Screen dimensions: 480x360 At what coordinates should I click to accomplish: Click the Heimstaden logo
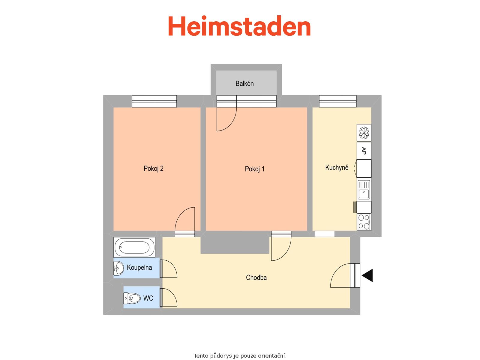239,26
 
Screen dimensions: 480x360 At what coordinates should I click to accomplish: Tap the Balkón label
244,83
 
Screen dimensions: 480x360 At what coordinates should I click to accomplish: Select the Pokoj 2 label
154,169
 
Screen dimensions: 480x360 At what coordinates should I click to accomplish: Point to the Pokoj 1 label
254,169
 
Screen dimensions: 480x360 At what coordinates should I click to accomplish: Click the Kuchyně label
337,167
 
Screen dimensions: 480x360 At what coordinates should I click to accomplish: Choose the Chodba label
256,277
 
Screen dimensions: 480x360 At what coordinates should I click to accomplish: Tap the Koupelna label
139,268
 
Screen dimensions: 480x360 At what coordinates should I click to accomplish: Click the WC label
148,298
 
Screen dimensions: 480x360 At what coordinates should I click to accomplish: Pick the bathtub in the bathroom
134,247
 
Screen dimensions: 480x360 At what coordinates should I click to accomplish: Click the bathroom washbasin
119,268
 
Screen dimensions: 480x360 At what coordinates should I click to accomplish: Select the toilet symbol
132,298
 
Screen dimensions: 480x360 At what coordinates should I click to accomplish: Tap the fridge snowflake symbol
364,133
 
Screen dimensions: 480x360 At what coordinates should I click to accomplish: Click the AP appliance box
364,151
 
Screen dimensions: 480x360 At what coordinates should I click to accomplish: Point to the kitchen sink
364,190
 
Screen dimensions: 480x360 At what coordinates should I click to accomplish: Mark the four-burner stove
364,222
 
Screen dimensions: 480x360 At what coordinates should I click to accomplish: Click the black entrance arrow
367,275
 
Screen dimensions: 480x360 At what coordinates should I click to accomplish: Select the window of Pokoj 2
154,101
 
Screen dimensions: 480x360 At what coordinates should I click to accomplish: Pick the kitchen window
337,101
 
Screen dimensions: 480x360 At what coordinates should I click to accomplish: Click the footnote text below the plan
240,355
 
